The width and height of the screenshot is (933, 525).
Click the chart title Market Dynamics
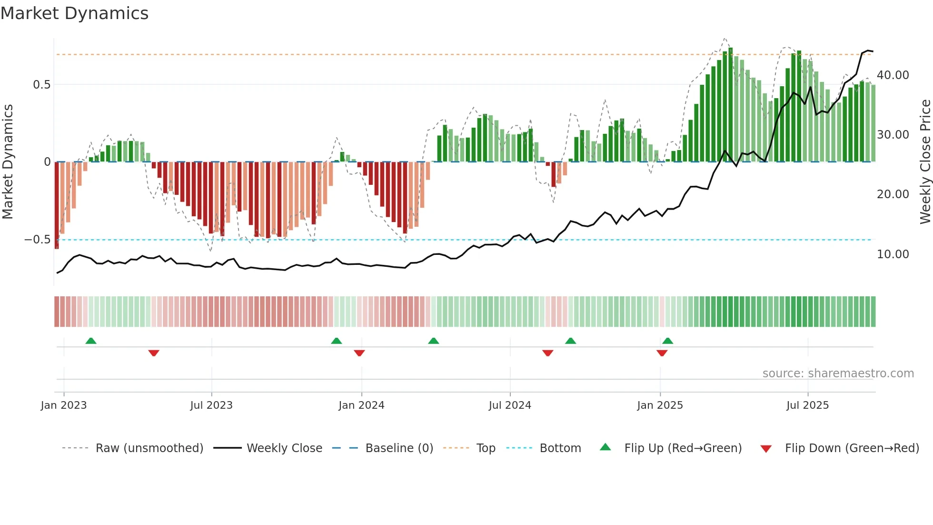75,13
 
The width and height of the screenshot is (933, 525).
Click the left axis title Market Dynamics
8,162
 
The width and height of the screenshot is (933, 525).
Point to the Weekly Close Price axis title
925,162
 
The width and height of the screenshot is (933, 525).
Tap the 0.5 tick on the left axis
41,85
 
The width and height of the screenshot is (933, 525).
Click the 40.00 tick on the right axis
893,75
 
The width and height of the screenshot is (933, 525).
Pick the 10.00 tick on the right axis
893,254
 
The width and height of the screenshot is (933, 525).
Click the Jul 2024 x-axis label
509,405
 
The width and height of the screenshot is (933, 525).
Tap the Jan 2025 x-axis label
660,405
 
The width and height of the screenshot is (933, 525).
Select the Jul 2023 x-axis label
211,405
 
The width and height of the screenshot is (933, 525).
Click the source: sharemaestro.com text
838,374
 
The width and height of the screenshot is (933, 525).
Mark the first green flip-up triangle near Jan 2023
91,341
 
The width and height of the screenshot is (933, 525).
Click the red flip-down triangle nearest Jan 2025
662,353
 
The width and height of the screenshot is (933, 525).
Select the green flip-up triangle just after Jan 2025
668,341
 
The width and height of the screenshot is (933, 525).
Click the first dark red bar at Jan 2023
57,205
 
